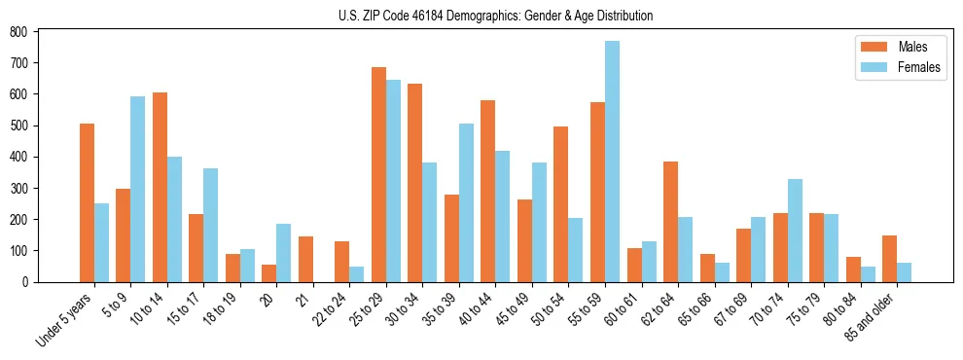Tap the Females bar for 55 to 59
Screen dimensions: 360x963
coord(612,162)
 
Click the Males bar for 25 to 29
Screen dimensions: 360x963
coord(378,175)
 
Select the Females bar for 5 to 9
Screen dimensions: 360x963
coord(138,189)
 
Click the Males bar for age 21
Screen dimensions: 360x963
coord(305,259)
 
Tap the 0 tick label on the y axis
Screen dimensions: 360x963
coord(26,282)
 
